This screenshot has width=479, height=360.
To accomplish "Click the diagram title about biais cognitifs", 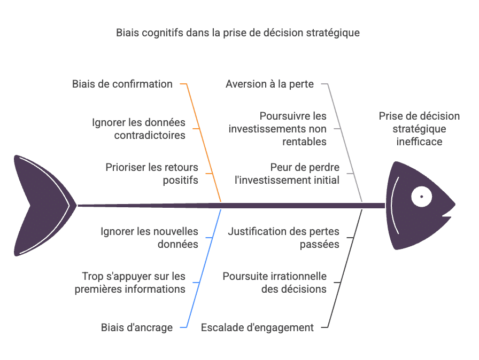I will click(238, 33).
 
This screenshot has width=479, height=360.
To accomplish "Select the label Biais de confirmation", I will click(122, 84).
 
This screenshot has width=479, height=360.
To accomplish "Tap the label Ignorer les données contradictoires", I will click(138, 129).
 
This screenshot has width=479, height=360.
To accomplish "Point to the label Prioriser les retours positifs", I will click(152, 174).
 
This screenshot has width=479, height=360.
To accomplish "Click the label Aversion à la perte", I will click(269, 84).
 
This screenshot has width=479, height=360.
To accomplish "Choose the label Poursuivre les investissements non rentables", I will click(277, 129).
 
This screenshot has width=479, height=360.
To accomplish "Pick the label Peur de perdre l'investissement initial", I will click(287, 174).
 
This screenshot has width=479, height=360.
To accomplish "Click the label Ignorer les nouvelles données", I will click(149, 238).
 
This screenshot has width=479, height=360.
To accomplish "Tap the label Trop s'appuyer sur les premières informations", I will click(134, 283).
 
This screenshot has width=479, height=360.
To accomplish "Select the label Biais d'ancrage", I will click(137, 327).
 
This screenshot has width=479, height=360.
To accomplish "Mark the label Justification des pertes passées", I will click(283, 238).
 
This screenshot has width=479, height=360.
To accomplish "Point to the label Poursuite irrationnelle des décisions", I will click(274, 283).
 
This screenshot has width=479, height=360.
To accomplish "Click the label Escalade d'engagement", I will click(257, 327).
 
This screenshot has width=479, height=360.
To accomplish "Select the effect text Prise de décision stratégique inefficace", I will click(419, 129).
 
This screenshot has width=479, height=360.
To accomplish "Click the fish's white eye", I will click(421, 197).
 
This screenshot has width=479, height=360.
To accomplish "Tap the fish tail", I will click(40, 205).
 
